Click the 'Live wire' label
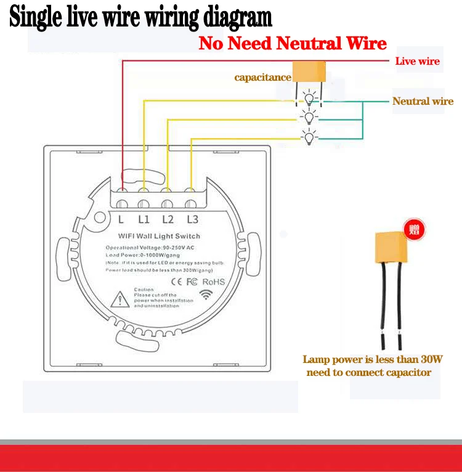[417, 61]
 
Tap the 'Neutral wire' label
[423, 101]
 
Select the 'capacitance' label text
[262, 77]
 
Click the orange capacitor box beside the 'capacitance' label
[308, 71]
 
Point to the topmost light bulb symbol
[309, 98]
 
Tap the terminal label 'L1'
[144, 219]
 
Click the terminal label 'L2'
[168, 219]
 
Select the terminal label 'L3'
[192, 219]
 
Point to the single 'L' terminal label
[121, 219]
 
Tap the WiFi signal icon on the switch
[205, 295]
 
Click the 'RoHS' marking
[214, 282]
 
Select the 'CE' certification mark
[176, 282]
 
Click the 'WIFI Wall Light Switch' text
[158, 236]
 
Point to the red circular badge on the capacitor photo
[412, 230]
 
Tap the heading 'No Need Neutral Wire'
[293, 43]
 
